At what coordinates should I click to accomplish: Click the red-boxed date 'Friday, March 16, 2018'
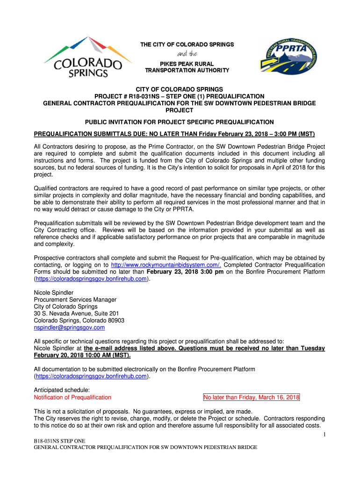coord(252,398)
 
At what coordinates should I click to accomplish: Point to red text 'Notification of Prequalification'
coord(72,398)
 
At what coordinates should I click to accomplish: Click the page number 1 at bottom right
coord(323,436)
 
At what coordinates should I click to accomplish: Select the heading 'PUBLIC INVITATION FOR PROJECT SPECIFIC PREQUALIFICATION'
coord(180,122)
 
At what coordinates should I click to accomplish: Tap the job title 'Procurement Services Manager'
coord(75,299)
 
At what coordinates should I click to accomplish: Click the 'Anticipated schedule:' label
coord(62,390)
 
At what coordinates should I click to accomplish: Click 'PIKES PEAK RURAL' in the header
coord(186,64)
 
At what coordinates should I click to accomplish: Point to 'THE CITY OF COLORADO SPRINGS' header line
coord(187,44)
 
